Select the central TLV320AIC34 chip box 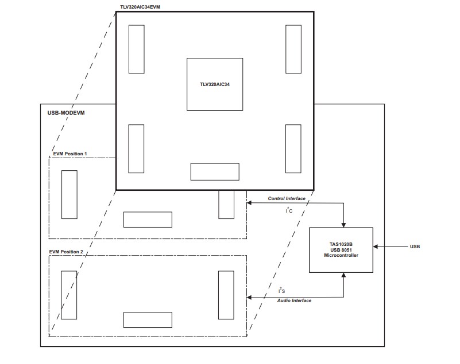coord(214,84)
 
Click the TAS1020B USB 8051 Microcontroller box coord(341,250)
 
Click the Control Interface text coord(287,198)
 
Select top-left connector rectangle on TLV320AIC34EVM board coord(136,49)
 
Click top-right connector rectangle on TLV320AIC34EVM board coord(293,49)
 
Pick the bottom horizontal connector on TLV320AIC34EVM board coord(215,171)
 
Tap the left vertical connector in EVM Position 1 coord(69,194)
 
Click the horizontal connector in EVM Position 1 coord(148,220)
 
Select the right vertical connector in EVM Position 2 coord(226,295)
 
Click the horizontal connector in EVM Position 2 coord(148,319)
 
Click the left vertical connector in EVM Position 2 coord(69,295)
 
